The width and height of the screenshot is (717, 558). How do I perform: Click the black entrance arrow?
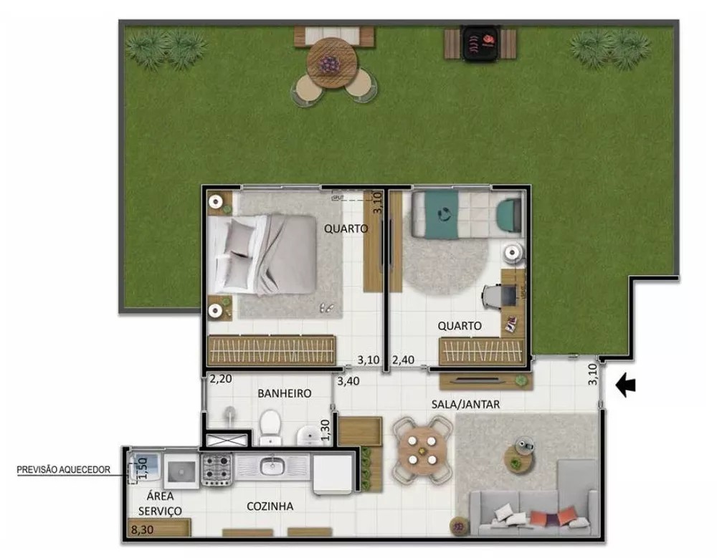[x=626, y=386]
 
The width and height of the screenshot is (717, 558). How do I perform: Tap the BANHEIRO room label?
[x=284, y=393]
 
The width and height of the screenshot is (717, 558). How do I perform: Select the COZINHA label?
[x=270, y=506]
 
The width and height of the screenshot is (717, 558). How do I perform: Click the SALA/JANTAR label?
[x=465, y=404]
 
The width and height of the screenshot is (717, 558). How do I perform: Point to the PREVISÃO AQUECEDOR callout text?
[x=65, y=470]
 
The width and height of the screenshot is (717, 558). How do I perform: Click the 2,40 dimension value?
[x=404, y=360]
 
